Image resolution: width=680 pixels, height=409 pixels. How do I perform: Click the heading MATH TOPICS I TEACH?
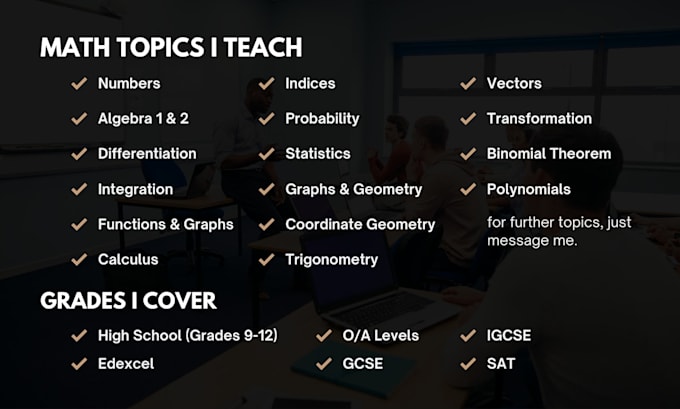coord(171,48)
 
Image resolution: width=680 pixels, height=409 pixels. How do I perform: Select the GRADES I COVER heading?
coord(128,300)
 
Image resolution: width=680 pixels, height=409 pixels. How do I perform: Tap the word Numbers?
coord(129,83)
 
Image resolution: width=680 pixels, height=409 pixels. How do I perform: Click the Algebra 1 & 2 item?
coord(143,118)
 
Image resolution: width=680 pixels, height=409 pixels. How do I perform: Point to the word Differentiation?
coord(147,153)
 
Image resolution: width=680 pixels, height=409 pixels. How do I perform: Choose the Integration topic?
coord(135,189)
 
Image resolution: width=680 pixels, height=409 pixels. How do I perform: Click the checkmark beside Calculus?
coord(78,259)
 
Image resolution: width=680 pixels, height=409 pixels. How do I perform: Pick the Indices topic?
coord(310,83)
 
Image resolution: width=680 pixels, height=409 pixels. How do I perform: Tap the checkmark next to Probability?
coord(266,118)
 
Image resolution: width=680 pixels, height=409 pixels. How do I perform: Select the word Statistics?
coord(318,153)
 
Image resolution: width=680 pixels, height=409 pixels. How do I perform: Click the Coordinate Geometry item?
coord(360,224)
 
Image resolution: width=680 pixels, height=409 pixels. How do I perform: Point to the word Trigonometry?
coord(331,259)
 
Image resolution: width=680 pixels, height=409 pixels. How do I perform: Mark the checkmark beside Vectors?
coord(467,83)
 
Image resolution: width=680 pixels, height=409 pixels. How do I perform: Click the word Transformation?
coord(539,118)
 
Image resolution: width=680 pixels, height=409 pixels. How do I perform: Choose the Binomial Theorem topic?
coord(548,153)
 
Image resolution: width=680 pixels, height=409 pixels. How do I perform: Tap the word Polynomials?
coord(528,189)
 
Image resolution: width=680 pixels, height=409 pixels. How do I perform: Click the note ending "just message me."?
coord(558,232)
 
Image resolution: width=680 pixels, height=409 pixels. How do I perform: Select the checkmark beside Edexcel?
coord(78,363)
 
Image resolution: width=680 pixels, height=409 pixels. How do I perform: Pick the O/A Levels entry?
coord(381,335)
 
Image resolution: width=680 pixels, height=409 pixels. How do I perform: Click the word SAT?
coord(501,363)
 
